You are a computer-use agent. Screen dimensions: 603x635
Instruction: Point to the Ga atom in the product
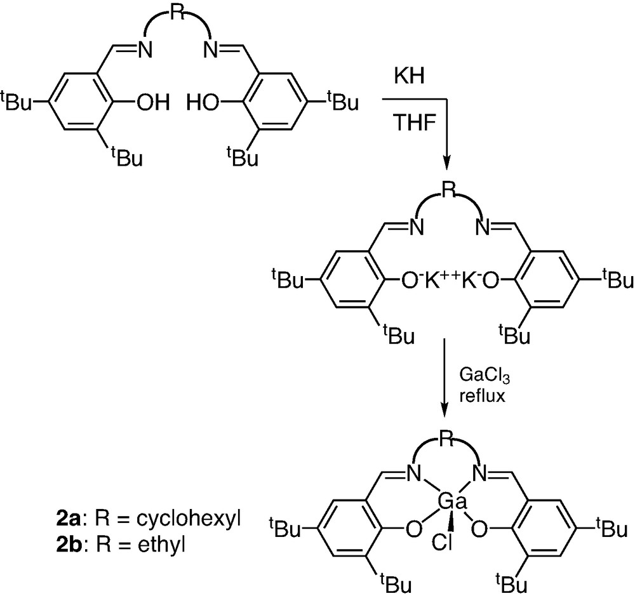pyautogui.click(x=452, y=503)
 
